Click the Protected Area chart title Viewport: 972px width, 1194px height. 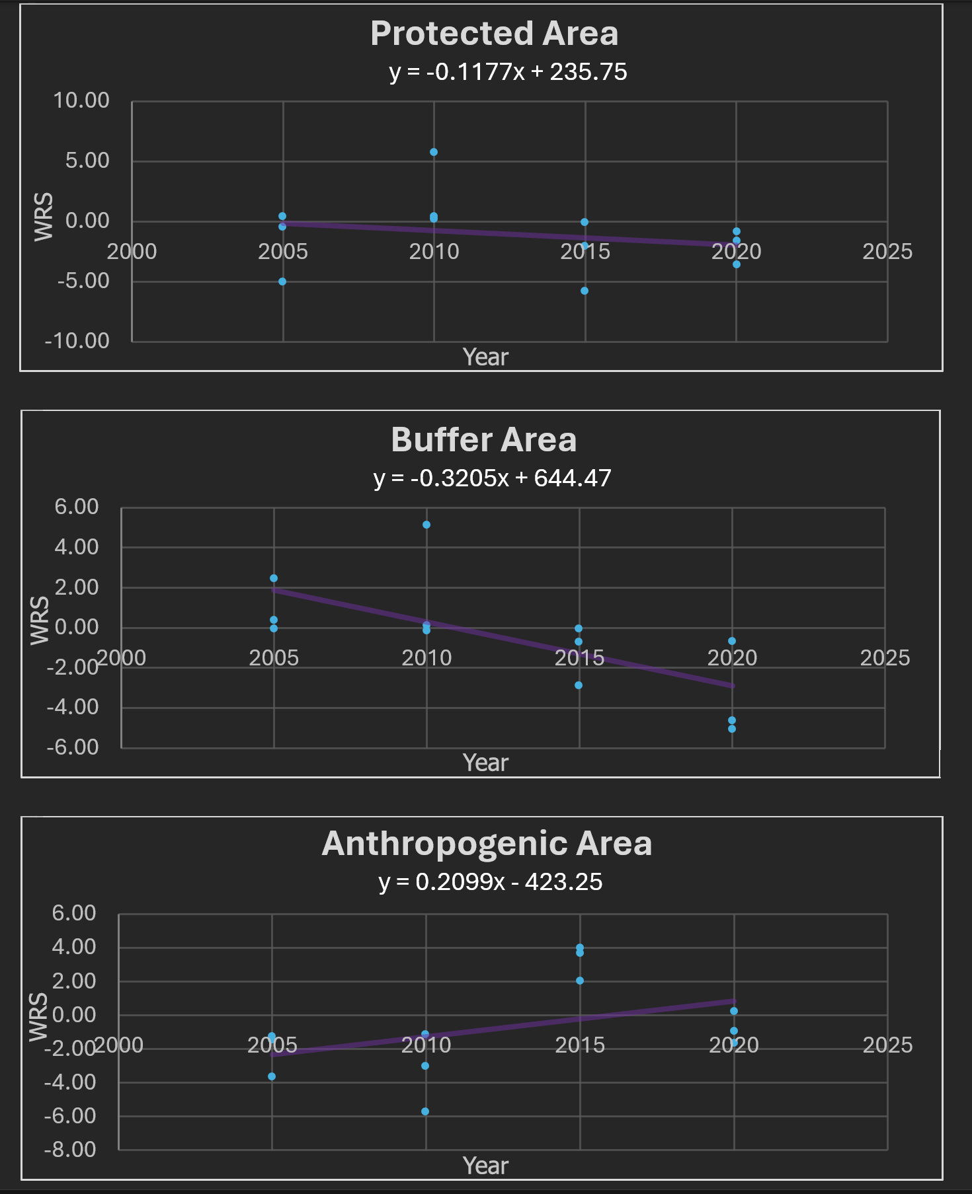click(x=495, y=34)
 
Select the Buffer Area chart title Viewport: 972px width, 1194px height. click(x=484, y=439)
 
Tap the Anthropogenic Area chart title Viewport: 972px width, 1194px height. click(x=487, y=844)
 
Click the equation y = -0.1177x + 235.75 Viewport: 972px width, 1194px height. click(x=508, y=71)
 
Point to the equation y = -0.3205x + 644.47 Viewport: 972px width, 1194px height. click(x=492, y=478)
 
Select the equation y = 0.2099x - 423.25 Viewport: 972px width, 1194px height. click(x=491, y=881)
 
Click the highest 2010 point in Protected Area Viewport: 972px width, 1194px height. click(x=434, y=152)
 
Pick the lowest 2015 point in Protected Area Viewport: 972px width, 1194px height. click(x=585, y=291)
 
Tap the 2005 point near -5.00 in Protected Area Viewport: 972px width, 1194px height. click(x=282, y=281)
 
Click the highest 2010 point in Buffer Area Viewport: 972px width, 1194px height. click(x=426, y=525)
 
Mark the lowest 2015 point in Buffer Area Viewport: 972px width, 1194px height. click(x=579, y=685)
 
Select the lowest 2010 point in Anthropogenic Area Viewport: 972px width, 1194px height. click(x=425, y=1111)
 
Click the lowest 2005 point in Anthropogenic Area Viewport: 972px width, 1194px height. click(x=272, y=1076)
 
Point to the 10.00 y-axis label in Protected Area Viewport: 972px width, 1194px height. click(x=81, y=100)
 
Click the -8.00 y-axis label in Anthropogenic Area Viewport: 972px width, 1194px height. click(x=70, y=1149)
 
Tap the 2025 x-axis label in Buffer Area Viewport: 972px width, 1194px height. click(x=885, y=658)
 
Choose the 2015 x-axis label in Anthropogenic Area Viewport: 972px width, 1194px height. click(x=580, y=1045)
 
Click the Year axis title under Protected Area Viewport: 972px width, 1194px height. click(x=485, y=357)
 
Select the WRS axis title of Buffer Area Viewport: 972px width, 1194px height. click(x=40, y=620)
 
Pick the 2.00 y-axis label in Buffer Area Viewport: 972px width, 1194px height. click(x=77, y=587)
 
